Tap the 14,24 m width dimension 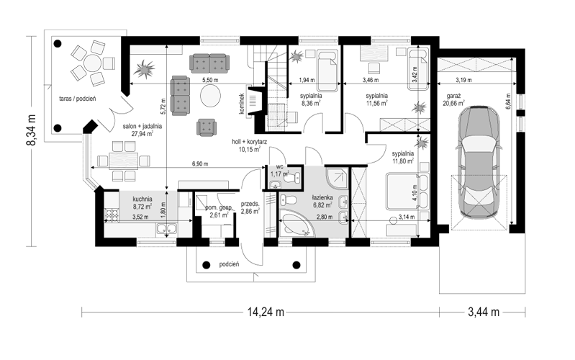[266, 312]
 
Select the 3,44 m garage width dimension [484, 312]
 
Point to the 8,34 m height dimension [31, 130]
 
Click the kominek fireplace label [242, 103]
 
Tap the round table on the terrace [92, 63]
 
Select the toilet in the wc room [294, 178]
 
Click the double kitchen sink [166, 230]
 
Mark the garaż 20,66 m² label [453, 100]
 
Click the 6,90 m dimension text [200, 164]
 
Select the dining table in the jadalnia [123, 161]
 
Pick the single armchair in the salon [207, 127]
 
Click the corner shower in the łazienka [337, 179]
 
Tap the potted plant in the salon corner [144, 68]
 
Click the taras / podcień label [78, 99]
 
